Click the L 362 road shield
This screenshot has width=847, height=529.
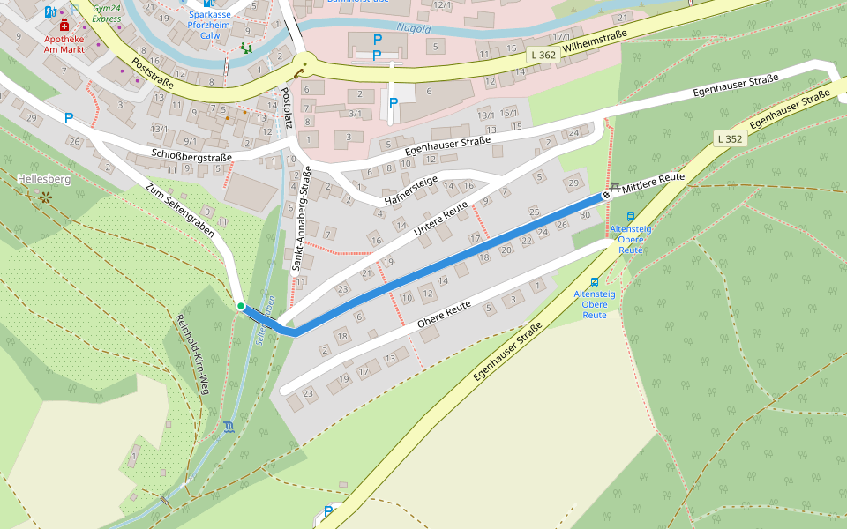tap(545, 55)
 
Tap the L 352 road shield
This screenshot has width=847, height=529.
tap(730, 138)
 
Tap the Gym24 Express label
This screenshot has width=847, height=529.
tap(107, 12)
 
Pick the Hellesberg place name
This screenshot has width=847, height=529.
tap(43, 179)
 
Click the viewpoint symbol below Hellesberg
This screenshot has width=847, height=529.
tap(43, 198)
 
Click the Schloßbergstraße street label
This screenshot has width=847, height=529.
tap(191, 157)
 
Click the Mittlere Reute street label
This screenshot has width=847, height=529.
tap(653, 183)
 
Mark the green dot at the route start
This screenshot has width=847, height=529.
tap(240, 306)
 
